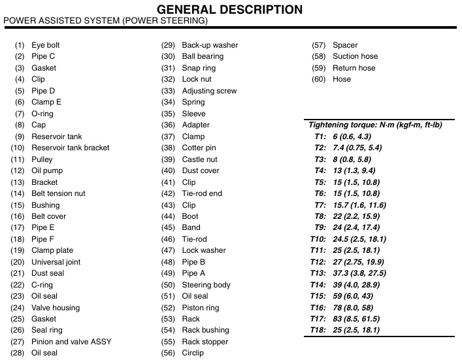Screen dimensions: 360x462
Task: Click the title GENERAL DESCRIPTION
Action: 230,9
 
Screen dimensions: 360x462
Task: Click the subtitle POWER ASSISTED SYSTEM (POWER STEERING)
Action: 106,21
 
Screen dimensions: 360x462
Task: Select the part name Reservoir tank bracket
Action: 71,148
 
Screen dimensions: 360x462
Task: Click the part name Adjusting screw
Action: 209,91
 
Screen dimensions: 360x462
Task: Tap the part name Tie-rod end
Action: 202,193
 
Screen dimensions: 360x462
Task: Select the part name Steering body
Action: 206,285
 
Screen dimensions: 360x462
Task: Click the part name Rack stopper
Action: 205,342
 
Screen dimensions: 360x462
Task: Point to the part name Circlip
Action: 193,353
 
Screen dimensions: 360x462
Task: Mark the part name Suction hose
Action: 355,56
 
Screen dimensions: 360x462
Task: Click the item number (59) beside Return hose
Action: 319,68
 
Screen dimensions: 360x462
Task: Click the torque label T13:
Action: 318,273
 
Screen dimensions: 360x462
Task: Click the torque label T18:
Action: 318,330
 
